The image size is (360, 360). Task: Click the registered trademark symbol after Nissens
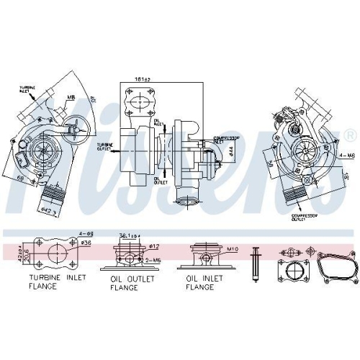(350, 135)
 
